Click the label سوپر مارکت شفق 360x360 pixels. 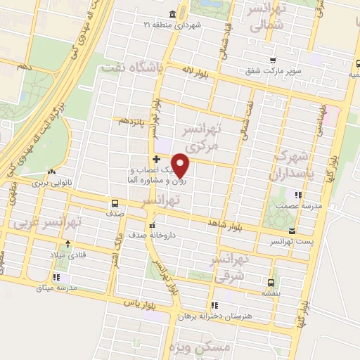click(273, 70)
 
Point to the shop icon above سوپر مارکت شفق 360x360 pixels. click(273, 60)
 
